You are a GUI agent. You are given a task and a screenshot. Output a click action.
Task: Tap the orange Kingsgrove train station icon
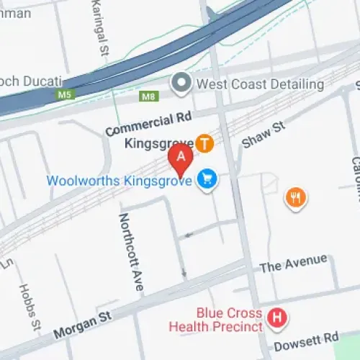(205, 144)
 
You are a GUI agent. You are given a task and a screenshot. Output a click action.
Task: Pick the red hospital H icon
(275, 317)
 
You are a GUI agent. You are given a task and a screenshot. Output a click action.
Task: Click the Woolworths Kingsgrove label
(130, 179)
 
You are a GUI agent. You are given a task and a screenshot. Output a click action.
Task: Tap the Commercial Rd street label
(140, 125)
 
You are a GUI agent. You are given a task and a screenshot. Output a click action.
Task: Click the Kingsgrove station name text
(159, 144)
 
